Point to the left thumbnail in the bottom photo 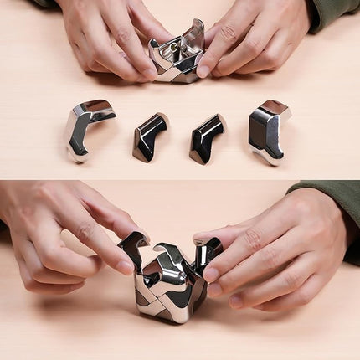(x=125, y=267)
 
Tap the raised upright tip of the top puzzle (x=196, y=32)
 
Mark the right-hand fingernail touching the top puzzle (x=203, y=71)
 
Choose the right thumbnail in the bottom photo (x=210, y=274)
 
